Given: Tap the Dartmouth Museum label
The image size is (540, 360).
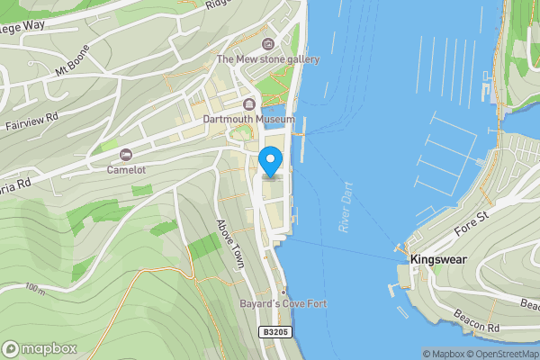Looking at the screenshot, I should tap(248, 119).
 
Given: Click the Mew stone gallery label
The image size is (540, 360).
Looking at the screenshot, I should tap(267, 59).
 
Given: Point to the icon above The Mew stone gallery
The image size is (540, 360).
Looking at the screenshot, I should tap(267, 44).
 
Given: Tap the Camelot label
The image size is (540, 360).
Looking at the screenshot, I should tap(125, 168).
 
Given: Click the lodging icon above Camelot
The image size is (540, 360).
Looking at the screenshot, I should tap(125, 154).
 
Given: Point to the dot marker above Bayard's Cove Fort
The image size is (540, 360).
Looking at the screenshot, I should tap(283, 292).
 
